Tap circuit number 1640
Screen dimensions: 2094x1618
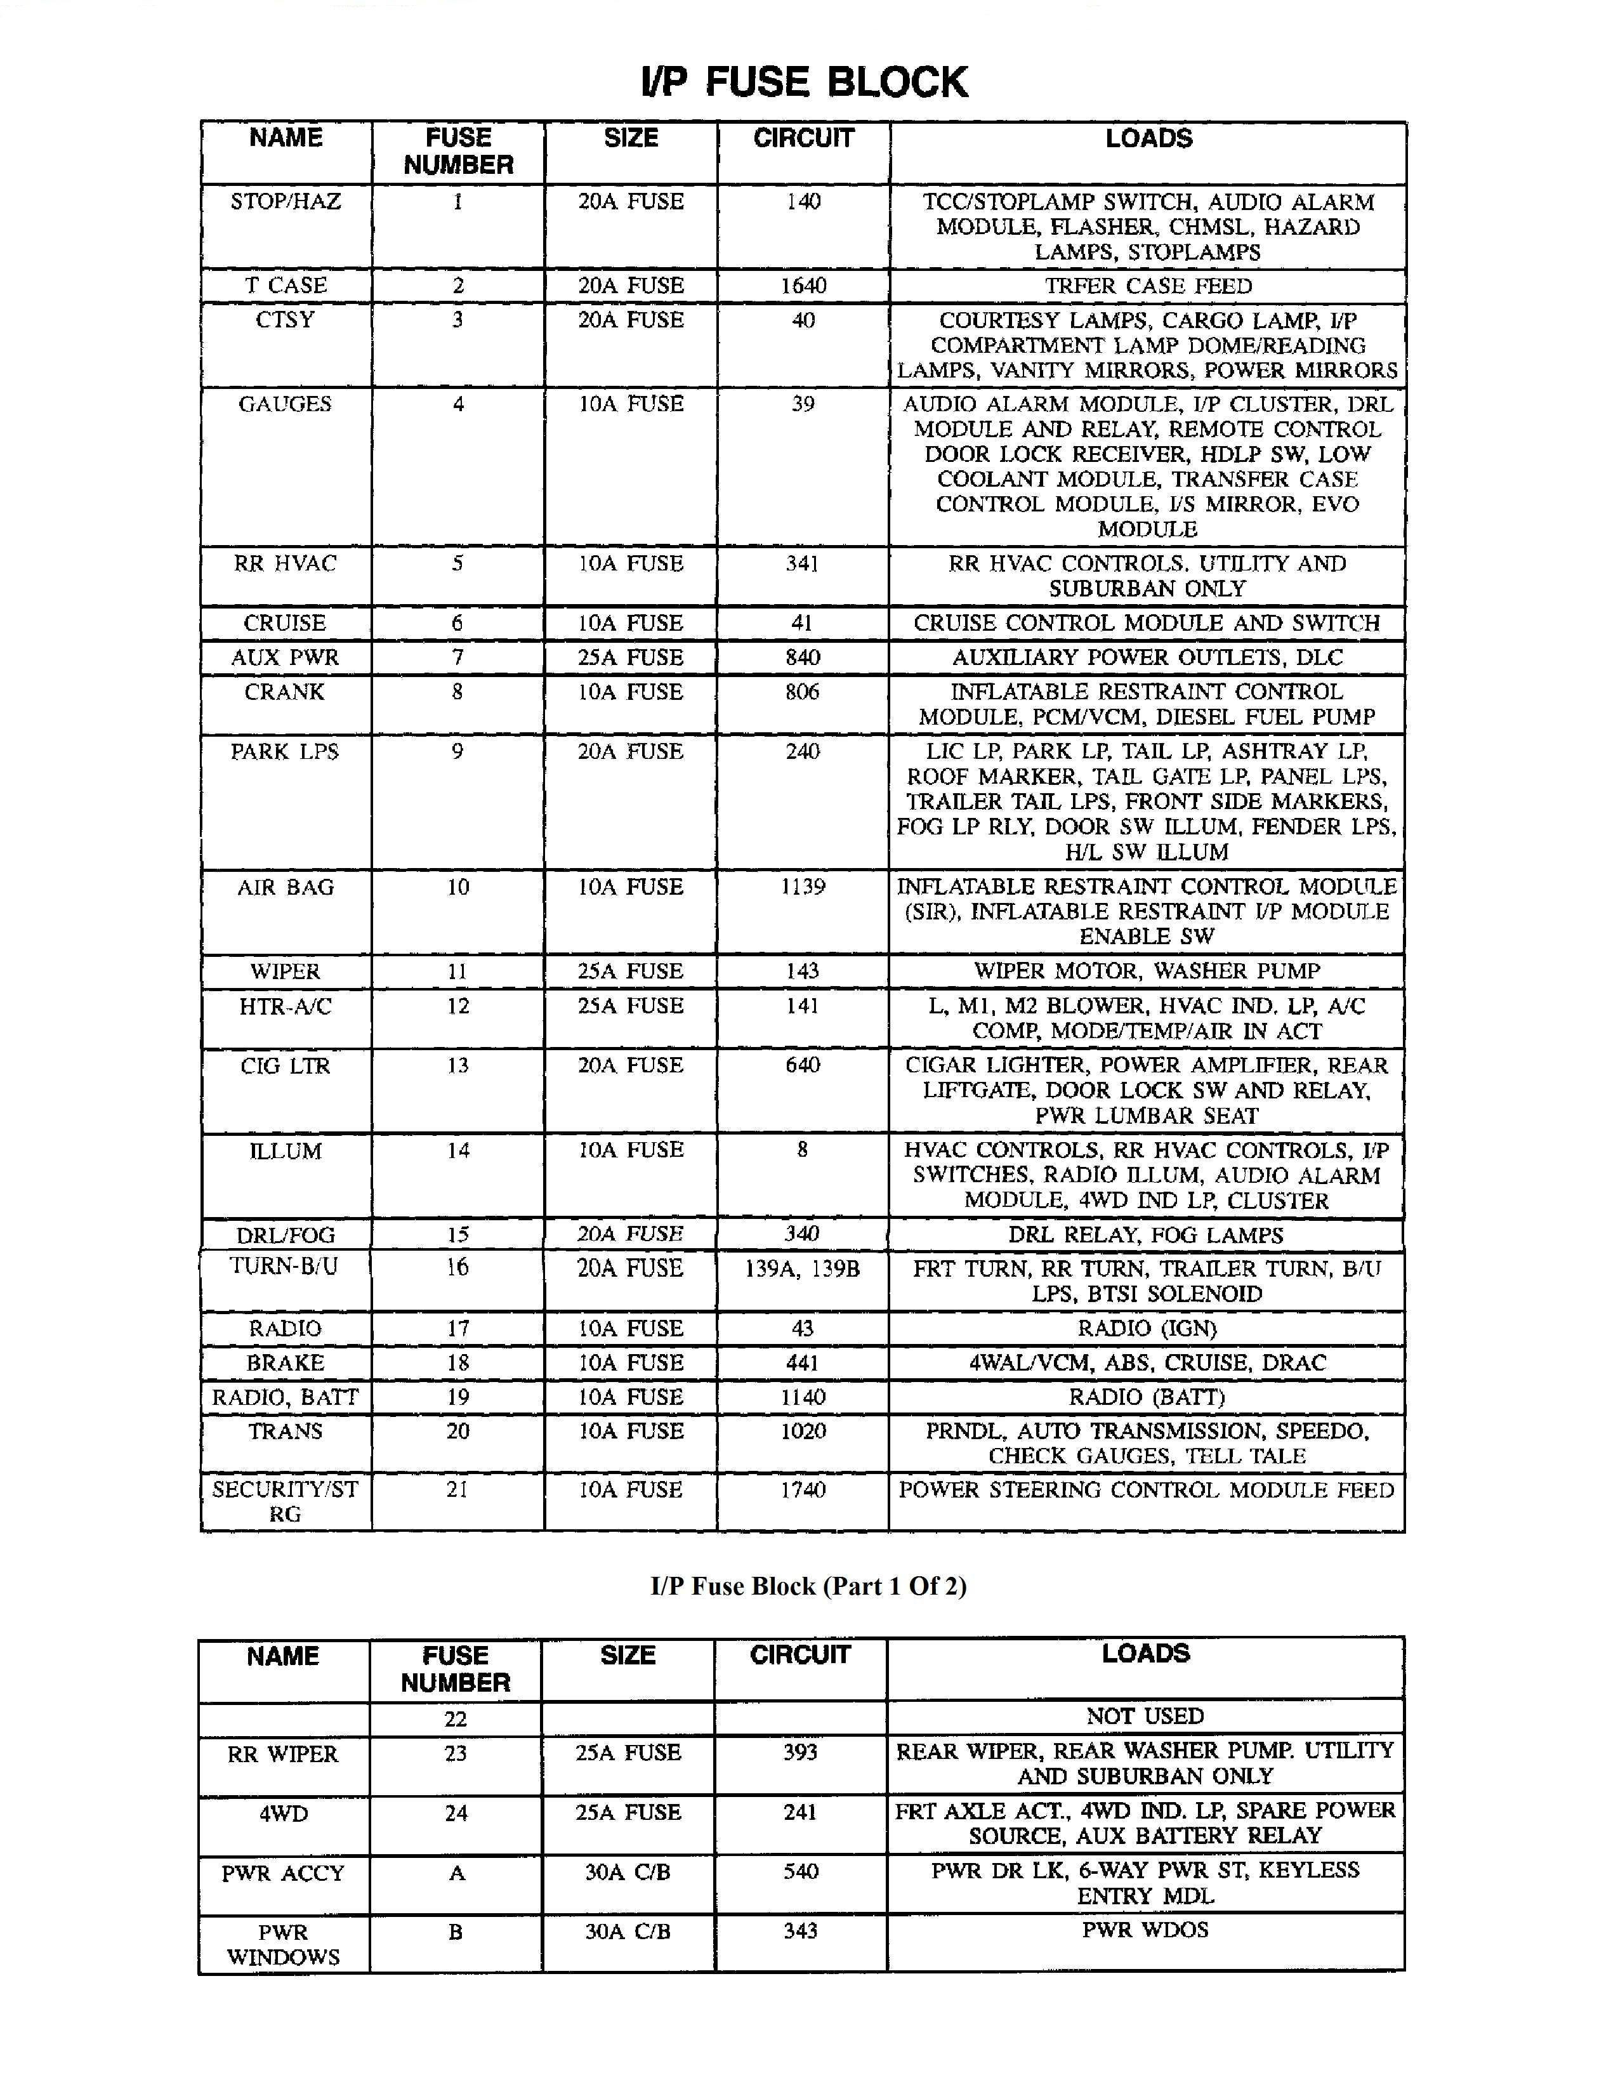point(803,286)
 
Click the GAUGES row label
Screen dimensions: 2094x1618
point(286,405)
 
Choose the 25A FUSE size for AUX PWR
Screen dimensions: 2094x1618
point(630,658)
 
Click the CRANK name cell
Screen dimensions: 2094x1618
point(286,692)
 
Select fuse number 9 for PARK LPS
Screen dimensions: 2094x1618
point(457,752)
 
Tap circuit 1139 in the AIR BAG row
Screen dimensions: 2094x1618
point(803,887)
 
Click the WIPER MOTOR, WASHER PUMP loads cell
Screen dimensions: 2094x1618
point(1147,971)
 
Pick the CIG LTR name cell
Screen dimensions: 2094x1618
point(286,1066)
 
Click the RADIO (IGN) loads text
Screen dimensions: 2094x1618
point(1147,1328)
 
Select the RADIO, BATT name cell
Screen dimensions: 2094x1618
point(286,1397)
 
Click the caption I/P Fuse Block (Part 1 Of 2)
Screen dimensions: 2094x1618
point(808,1586)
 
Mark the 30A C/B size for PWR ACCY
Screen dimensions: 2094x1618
point(628,1871)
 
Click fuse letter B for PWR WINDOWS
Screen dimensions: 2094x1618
point(456,1931)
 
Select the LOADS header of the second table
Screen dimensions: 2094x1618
point(1145,1653)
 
